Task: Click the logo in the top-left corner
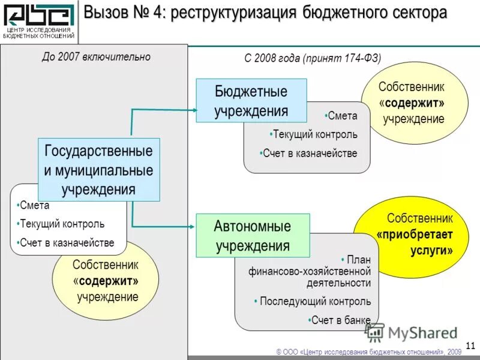40,21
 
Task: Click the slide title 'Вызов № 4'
265,13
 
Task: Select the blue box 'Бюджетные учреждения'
251,101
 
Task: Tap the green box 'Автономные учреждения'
253,236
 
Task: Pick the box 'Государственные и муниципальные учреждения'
98,170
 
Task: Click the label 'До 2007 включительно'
96,57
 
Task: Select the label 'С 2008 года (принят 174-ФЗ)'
313,58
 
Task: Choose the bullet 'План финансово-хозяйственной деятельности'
310,271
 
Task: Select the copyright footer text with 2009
368,352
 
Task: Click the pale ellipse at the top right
415,103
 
